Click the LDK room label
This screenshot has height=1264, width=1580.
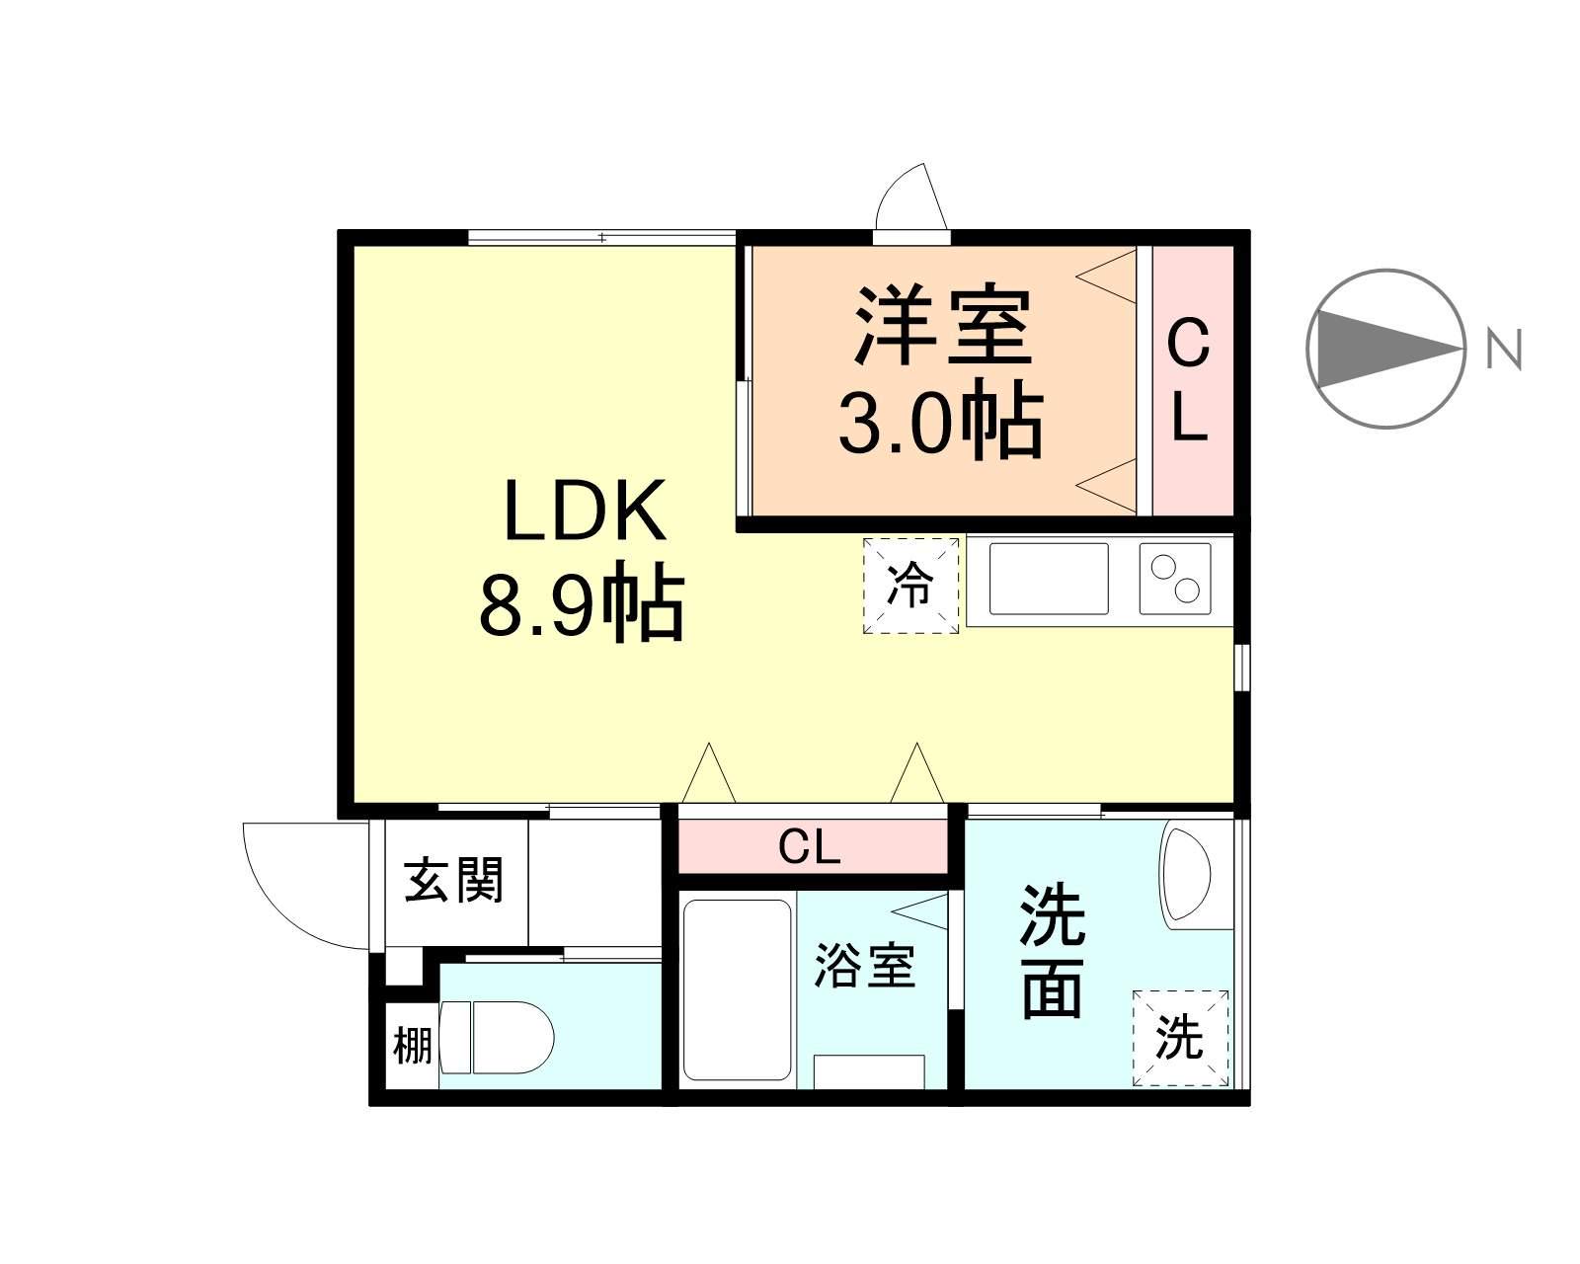pyautogui.click(x=585, y=511)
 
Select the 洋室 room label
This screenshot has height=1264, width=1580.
pyautogui.click(x=943, y=326)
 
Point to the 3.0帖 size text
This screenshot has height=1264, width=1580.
pyautogui.click(x=941, y=422)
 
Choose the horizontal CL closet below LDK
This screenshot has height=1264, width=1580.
pyautogui.click(x=810, y=846)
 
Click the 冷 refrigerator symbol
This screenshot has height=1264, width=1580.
pyautogui.click(x=910, y=586)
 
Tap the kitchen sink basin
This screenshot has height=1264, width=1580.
pyautogui.click(x=1048, y=580)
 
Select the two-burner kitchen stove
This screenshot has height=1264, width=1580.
pyautogui.click(x=1175, y=580)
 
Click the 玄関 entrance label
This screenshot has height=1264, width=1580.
pyautogui.click(x=455, y=880)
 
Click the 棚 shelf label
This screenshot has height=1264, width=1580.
pyautogui.click(x=412, y=1045)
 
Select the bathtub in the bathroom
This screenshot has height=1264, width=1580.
pyautogui.click(x=738, y=988)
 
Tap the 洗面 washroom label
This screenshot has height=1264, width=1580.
pyautogui.click(x=1053, y=952)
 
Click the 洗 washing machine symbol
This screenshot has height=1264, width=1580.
pyautogui.click(x=1180, y=1038)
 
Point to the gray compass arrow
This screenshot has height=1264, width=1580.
pyautogui.click(x=1382, y=349)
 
